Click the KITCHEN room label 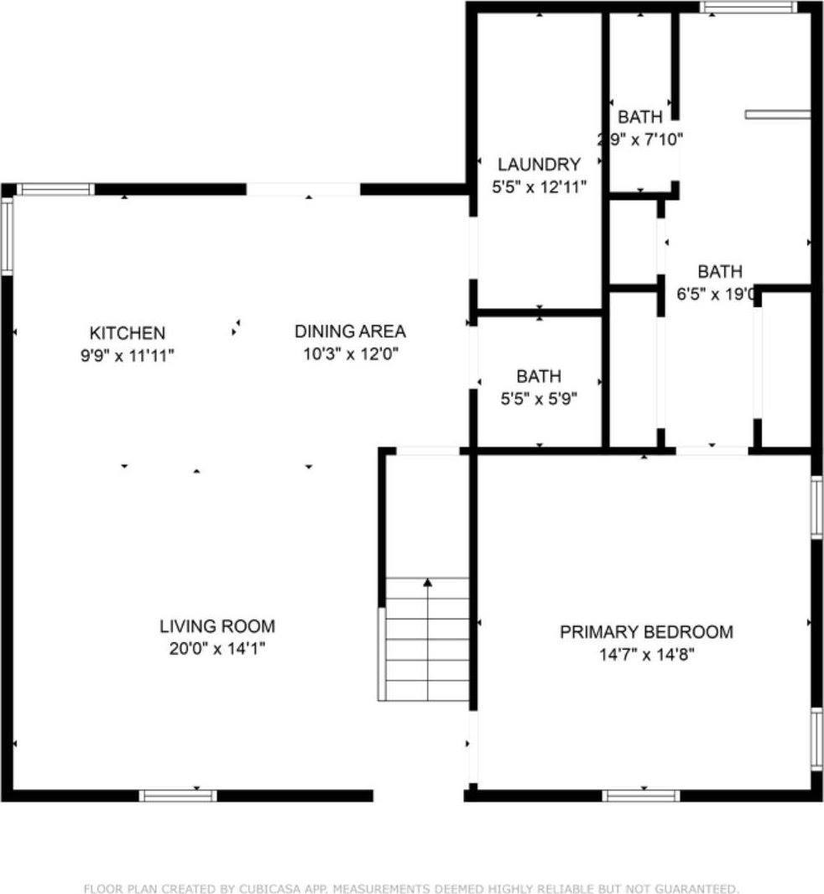(x=128, y=333)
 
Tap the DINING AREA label (x=350, y=332)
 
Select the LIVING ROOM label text (x=217, y=626)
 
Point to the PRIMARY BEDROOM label (x=646, y=632)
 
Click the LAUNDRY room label (x=539, y=165)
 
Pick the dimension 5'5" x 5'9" (x=539, y=400)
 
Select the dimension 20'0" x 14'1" (x=217, y=648)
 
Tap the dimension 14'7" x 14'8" (x=645, y=654)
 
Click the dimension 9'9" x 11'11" (x=128, y=355)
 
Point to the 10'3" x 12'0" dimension (x=350, y=353)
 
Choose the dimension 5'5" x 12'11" (x=539, y=187)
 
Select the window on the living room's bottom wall (x=178, y=796)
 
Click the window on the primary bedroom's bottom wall (x=641, y=796)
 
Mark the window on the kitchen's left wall (x=7, y=236)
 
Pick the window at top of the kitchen (x=56, y=190)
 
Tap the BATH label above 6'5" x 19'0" (x=720, y=272)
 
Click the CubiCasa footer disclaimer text (x=411, y=888)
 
